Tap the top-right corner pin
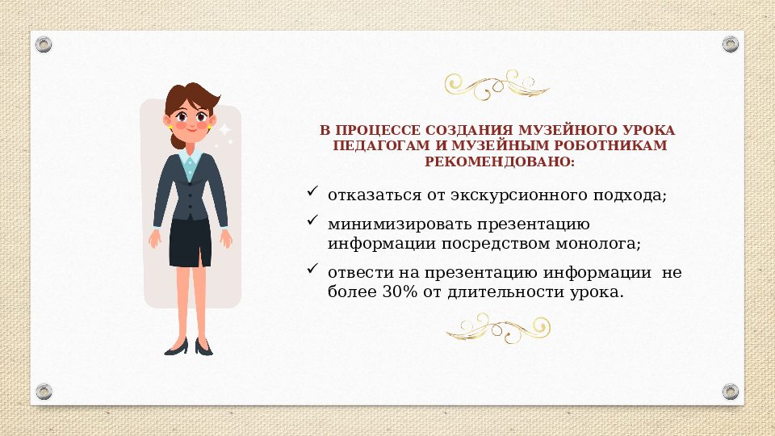(730, 43)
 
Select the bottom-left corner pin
(44, 392)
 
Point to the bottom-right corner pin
(730, 392)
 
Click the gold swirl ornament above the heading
(497, 85)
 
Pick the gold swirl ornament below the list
(497, 328)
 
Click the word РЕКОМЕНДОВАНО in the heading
(498, 161)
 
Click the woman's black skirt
(191, 241)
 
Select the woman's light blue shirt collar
(191, 156)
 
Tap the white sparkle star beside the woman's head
(224, 130)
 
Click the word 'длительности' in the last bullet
(501, 291)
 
